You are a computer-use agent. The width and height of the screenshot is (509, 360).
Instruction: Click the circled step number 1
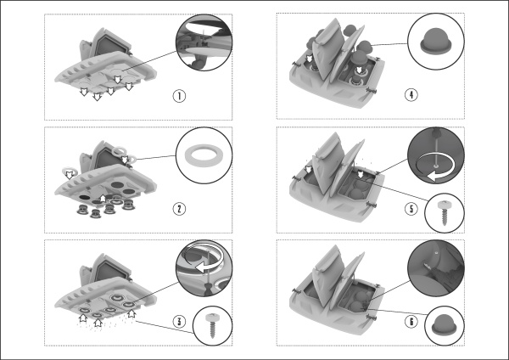179,96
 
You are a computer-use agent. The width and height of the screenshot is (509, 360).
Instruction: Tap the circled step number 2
179,209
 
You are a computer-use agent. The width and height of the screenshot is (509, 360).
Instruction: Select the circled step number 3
179,321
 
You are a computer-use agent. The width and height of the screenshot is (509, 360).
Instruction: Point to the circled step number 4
411,94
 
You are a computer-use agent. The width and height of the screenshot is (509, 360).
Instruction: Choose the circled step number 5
411,209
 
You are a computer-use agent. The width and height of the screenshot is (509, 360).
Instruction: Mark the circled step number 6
411,321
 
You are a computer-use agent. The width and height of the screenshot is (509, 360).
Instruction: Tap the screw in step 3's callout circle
213,325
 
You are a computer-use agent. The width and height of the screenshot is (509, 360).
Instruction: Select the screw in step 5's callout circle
445,212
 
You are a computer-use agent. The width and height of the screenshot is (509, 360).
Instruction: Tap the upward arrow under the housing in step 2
103,198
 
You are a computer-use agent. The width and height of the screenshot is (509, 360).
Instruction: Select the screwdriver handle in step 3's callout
206,289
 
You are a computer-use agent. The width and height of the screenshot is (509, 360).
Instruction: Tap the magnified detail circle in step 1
204,42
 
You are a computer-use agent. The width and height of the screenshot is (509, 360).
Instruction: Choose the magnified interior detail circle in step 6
436,267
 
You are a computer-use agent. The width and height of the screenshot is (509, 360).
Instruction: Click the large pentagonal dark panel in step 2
108,159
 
